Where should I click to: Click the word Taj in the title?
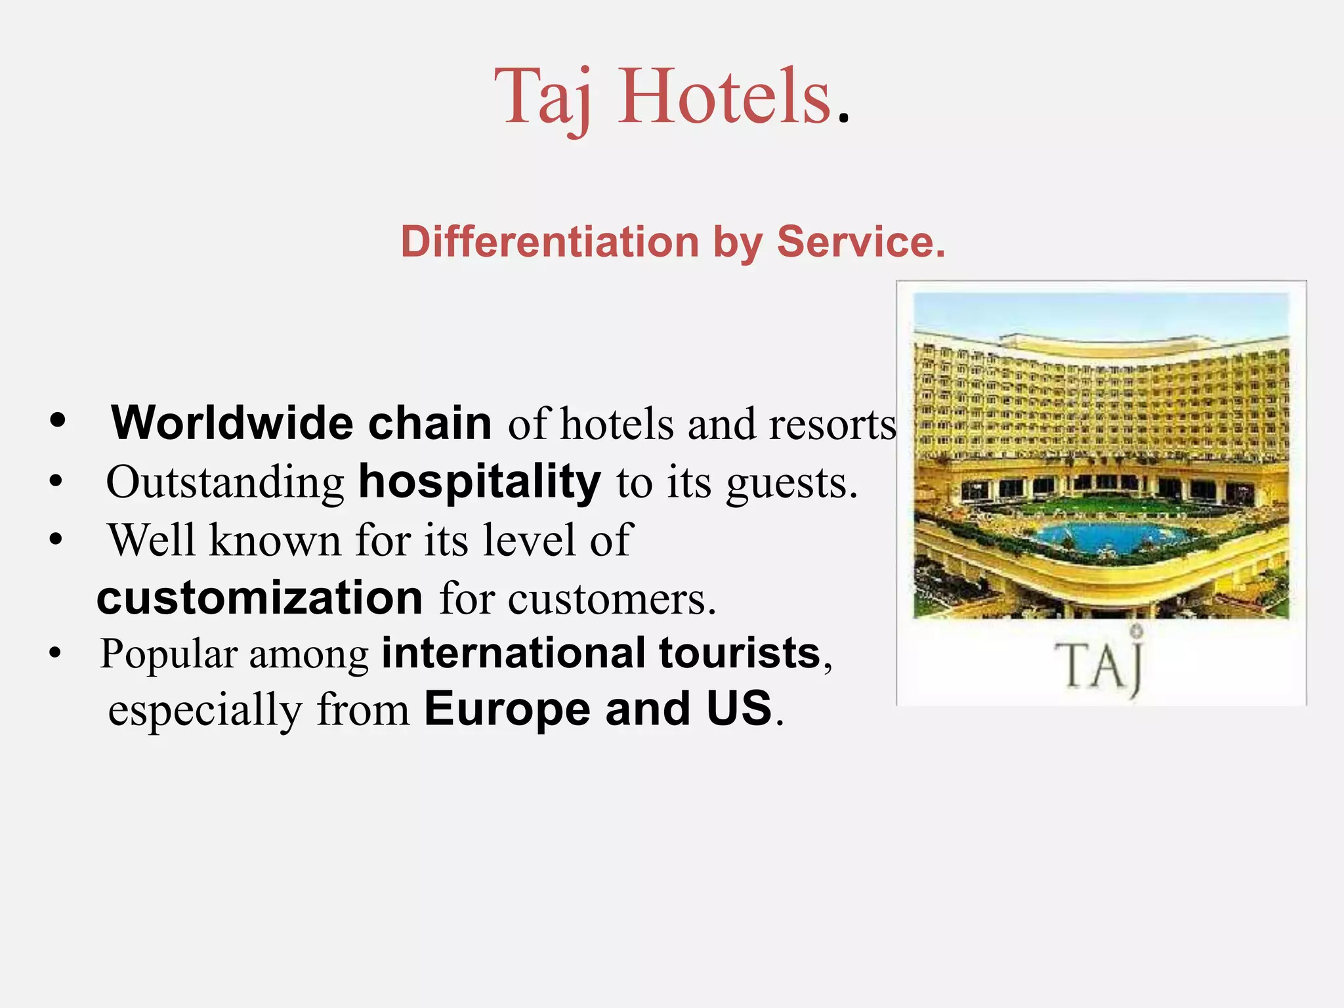tap(543, 98)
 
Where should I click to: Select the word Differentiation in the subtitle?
tap(550, 241)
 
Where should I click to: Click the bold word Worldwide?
tap(233, 423)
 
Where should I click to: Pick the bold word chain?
tap(430, 423)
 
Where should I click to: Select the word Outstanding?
tap(225, 483)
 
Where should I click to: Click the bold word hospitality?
tap(480, 483)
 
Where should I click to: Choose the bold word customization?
tap(260, 598)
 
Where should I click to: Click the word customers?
tap(612, 599)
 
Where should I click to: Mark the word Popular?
tap(169, 654)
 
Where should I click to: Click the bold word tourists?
tap(740, 653)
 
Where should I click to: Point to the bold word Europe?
tap(507, 709)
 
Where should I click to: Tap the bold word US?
tap(739, 709)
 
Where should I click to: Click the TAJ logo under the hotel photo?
tap(1101, 665)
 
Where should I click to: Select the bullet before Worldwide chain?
tap(58, 421)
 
